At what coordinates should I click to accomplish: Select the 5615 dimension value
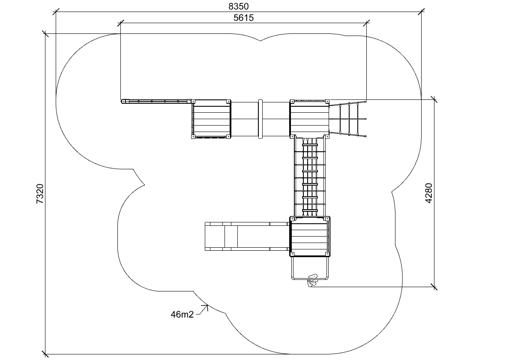coord(243,18)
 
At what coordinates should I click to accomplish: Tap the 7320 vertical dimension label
coord(40,194)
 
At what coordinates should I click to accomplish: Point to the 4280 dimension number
coord(429,193)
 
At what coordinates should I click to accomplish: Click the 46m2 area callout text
coord(182,314)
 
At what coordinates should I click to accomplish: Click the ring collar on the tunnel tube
coord(260,119)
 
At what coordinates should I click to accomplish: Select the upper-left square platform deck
coord(211,119)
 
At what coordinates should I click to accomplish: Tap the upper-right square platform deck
coord(309,119)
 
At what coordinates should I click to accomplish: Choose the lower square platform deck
coord(310,236)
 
